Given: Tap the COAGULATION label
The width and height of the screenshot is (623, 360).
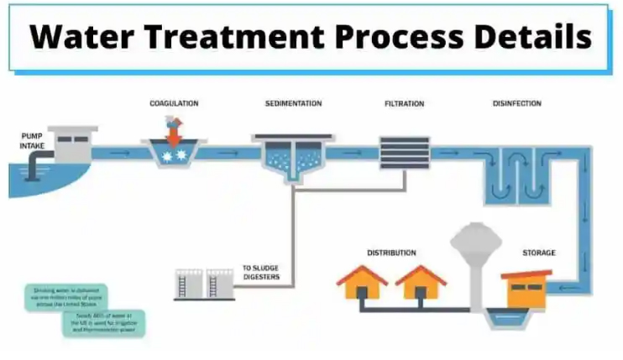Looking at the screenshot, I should click(174, 103).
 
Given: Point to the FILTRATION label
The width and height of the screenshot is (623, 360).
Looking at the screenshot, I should click(404, 103).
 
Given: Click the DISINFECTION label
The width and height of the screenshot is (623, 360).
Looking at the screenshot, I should click(516, 103).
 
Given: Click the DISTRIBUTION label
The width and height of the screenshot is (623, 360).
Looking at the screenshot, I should click(391, 253).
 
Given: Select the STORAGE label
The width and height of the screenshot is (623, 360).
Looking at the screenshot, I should click(538, 253).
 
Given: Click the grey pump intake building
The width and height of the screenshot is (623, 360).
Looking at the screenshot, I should click(71, 143).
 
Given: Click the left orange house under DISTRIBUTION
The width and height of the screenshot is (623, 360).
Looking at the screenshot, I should click(362, 283).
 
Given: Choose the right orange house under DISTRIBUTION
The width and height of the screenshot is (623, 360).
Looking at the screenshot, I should click(421, 283).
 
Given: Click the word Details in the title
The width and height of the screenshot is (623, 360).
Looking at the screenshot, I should click(532, 37).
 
